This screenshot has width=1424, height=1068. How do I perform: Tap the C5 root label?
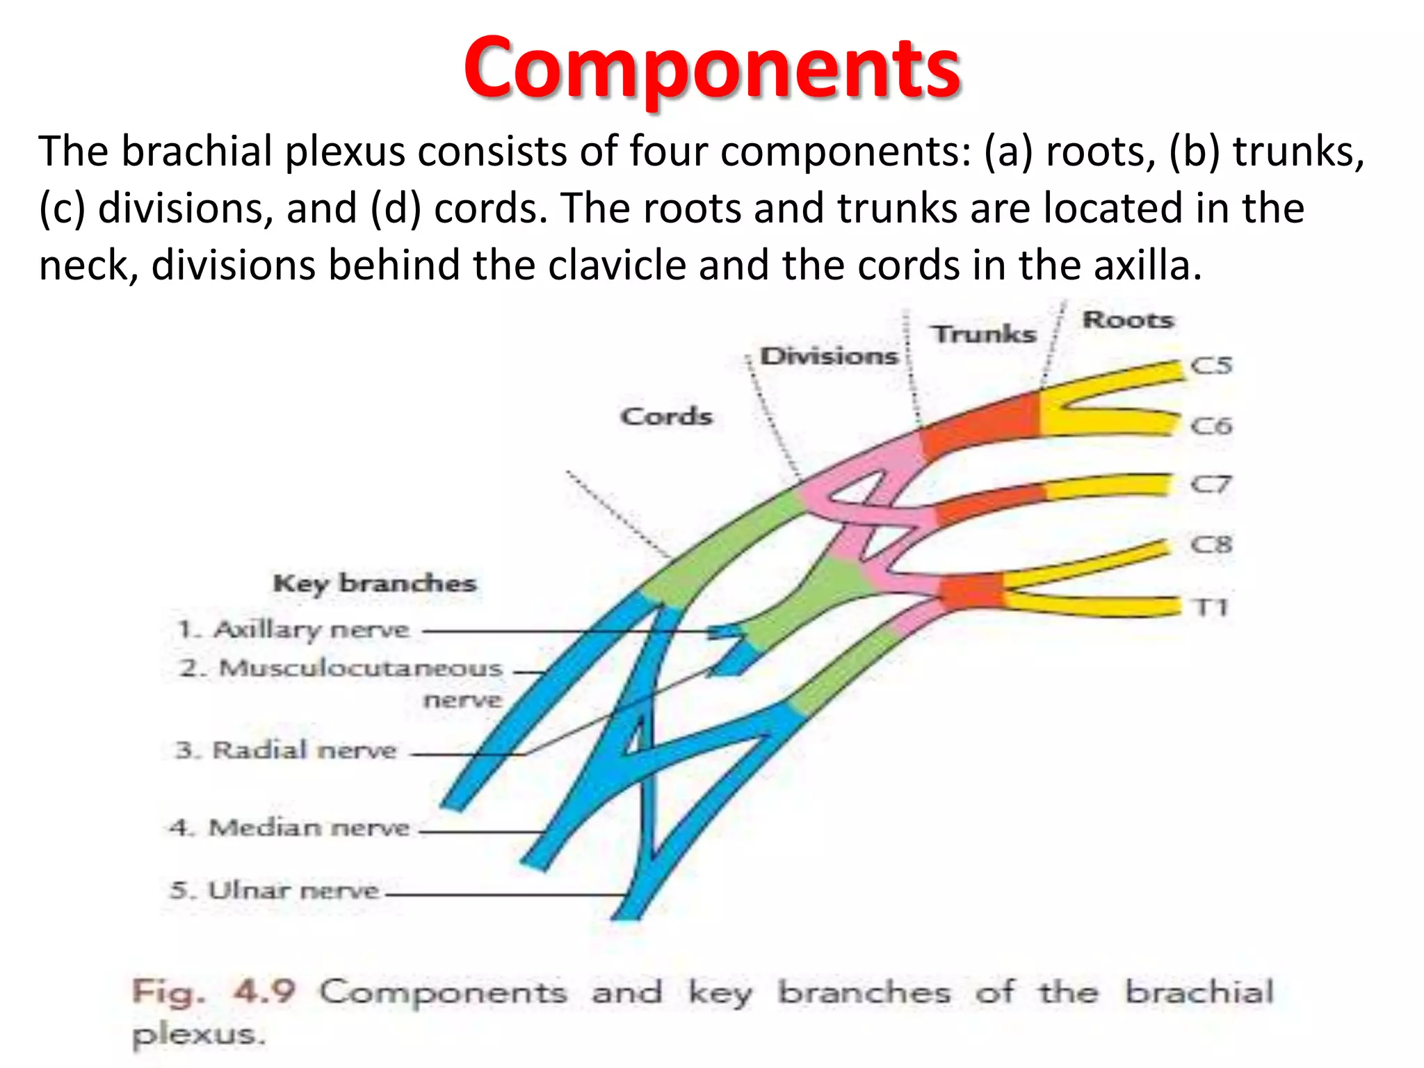pyautogui.click(x=1211, y=366)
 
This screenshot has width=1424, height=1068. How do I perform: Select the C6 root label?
pyautogui.click(x=1211, y=426)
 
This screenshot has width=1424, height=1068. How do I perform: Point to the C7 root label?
pyautogui.click(x=1211, y=484)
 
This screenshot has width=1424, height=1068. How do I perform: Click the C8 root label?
pyautogui.click(x=1211, y=544)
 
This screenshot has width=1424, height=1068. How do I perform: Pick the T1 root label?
pyautogui.click(x=1211, y=608)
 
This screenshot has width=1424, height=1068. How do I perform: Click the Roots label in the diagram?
pyautogui.click(x=1128, y=320)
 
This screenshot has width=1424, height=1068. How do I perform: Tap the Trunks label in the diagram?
pyautogui.click(x=984, y=334)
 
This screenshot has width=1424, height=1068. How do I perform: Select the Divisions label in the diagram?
pyautogui.click(x=829, y=356)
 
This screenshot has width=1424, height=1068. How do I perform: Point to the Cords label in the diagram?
pyautogui.click(x=666, y=416)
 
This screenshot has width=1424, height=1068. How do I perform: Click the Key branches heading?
pyautogui.click(x=375, y=583)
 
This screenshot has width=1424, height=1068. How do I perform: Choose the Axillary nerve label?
pyautogui.click(x=311, y=630)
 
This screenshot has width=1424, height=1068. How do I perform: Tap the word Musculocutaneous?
pyautogui.click(x=360, y=668)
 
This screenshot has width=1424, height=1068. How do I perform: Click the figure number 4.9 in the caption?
pyautogui.click(x=265, y=992)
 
